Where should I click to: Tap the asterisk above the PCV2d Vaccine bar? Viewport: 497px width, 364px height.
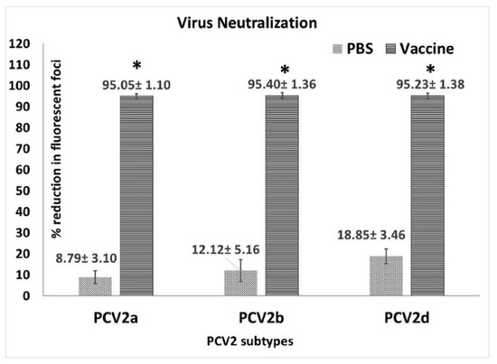point(427,69)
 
